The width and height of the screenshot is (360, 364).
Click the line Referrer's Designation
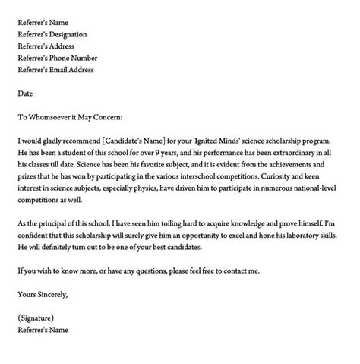pos(52,34)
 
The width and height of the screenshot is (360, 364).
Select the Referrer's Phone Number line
pos(57,58)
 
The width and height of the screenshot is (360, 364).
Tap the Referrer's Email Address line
pos(56,70)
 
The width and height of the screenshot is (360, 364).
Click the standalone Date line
pos(25,93)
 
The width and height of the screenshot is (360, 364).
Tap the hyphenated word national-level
pos(312,189)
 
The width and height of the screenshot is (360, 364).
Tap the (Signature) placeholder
pos(37,318)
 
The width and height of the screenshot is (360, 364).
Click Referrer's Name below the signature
pos(44,331)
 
